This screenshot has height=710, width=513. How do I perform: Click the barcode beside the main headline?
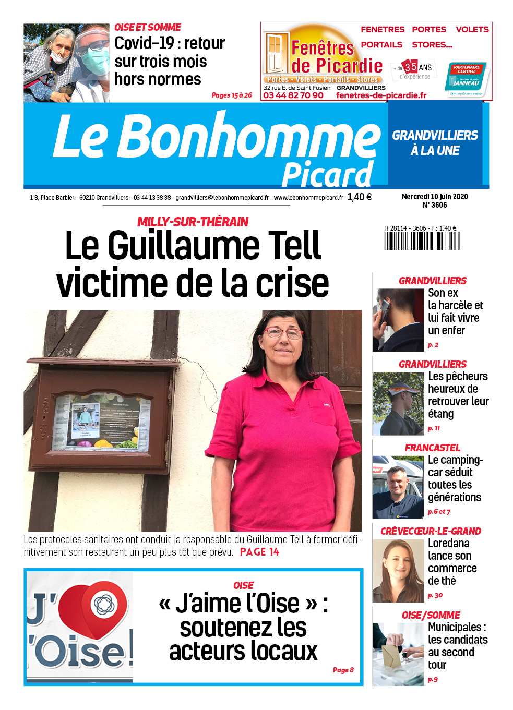point(422,240)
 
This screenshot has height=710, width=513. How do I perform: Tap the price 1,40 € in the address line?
point(359,197)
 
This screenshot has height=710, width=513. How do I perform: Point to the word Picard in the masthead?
point(327,174)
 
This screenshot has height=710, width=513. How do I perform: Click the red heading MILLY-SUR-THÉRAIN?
point(193,222)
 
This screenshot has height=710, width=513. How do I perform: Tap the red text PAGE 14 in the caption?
point(259,552)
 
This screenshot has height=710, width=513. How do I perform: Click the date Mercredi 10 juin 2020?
point(435,197)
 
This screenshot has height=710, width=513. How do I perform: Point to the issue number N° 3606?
point(435,205)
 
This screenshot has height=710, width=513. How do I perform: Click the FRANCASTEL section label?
point(432,448)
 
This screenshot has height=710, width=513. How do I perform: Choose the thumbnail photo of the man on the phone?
point(398,319)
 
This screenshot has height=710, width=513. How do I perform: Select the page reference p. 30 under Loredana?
point(435,595)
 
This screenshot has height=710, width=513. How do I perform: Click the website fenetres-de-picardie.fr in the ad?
point(381,95)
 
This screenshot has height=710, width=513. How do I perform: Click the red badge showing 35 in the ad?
point(411,67)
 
